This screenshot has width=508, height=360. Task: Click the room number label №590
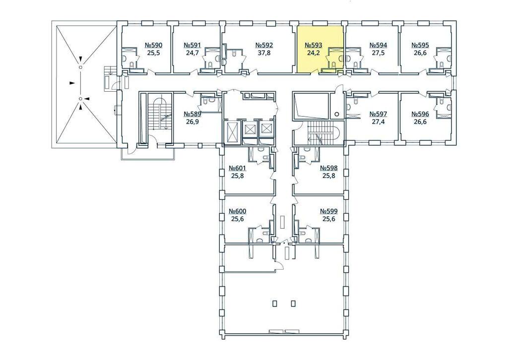click(153, 45)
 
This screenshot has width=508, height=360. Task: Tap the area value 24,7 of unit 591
click(192, 53)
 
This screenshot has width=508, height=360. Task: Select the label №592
click(264, 45)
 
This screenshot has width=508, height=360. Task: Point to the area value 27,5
click(378, 53)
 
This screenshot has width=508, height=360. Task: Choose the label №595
click(420, 45)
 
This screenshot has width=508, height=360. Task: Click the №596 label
click(420, 114)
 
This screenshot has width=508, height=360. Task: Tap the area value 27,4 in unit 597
click(378, 121)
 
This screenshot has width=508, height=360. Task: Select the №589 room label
click(192, 114)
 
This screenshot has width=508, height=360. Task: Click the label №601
click(238, 168)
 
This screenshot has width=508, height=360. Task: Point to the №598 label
click(329, 168)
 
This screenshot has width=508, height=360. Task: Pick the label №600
click(238, 211)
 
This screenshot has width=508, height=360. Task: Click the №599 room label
click(329, 211)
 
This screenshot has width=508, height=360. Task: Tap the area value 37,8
click(264, 53)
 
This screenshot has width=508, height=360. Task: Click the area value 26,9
click(192, 121)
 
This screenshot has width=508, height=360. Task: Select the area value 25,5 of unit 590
click(154, 53)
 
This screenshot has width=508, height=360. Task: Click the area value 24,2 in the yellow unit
click(314, 53)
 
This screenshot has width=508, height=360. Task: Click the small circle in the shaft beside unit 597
click(337, 114)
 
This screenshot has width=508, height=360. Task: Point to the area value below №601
click(238, 176)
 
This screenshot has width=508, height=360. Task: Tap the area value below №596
click(420, 121)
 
